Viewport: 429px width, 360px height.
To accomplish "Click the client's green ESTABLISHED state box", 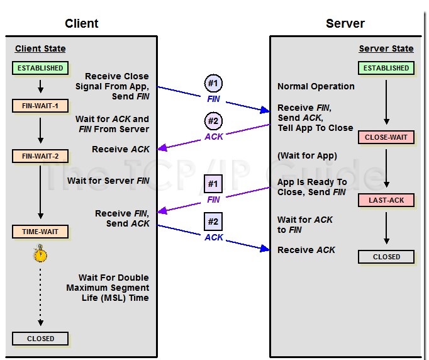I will point(40,68).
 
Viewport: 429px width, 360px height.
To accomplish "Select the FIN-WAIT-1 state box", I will point(40,106).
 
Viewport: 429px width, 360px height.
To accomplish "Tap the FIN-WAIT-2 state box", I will point(40,156).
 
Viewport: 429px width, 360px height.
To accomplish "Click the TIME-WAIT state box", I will point(40,232).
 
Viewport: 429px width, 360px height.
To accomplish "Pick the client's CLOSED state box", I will point(40,339).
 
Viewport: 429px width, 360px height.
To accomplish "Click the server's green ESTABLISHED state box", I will point(386,68).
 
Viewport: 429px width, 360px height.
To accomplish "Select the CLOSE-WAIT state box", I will point(386,137).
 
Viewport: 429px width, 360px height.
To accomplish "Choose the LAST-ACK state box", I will point(386,200).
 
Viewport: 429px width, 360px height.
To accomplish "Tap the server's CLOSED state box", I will point(386,257).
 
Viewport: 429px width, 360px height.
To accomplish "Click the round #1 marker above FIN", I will point(214,84).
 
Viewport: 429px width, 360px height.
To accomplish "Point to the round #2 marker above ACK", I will point(214,121).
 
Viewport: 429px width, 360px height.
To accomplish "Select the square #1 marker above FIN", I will point(214,184).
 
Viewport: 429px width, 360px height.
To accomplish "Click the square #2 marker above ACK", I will point(214,222).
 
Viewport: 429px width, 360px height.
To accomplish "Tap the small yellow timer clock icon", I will point(40,254).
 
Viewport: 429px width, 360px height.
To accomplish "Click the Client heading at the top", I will point(82,24).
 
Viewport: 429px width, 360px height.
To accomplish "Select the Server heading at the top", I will point(345,24).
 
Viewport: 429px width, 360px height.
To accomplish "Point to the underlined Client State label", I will point(40,48).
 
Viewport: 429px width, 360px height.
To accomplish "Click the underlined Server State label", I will point(386,48).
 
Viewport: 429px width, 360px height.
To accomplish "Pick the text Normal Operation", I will point(316,86).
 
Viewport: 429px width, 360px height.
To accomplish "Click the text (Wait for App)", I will point(307,156).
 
